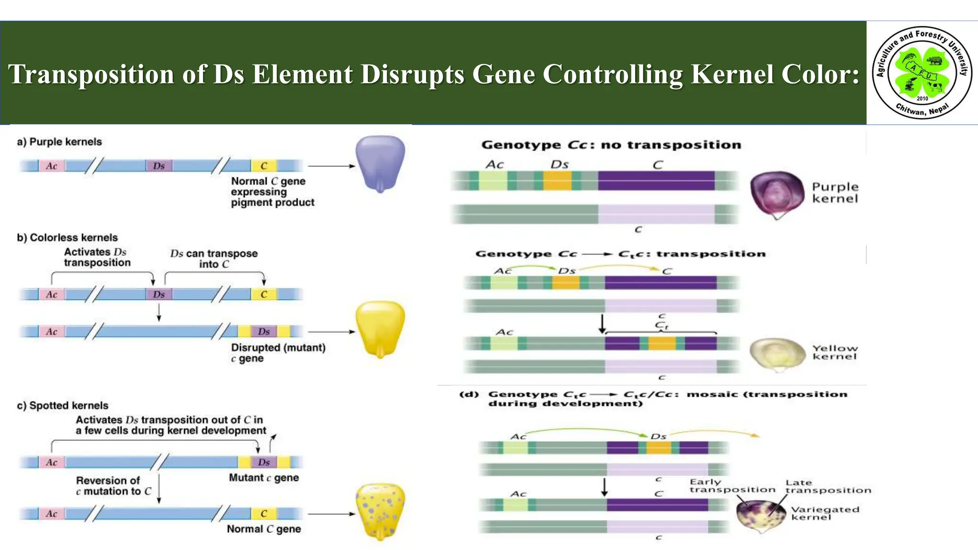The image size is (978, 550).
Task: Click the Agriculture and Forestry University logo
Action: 922,73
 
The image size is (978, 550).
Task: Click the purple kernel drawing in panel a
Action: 380,163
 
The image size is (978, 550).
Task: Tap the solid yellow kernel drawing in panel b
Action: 380,328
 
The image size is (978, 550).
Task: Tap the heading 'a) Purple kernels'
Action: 59,142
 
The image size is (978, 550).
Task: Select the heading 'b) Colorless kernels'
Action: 67,238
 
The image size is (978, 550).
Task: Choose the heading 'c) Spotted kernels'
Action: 63,405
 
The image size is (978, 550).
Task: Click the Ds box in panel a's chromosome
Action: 159,166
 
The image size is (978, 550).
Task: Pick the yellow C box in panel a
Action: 264,166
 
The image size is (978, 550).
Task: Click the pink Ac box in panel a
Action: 52,166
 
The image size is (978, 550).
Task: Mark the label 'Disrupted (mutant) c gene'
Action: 278,353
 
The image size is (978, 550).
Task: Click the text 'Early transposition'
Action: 732,486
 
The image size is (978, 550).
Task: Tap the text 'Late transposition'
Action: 828,487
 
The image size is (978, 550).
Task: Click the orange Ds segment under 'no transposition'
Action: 557,181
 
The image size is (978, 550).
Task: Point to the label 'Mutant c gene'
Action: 264,478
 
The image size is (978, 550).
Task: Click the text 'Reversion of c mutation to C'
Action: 114,486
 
